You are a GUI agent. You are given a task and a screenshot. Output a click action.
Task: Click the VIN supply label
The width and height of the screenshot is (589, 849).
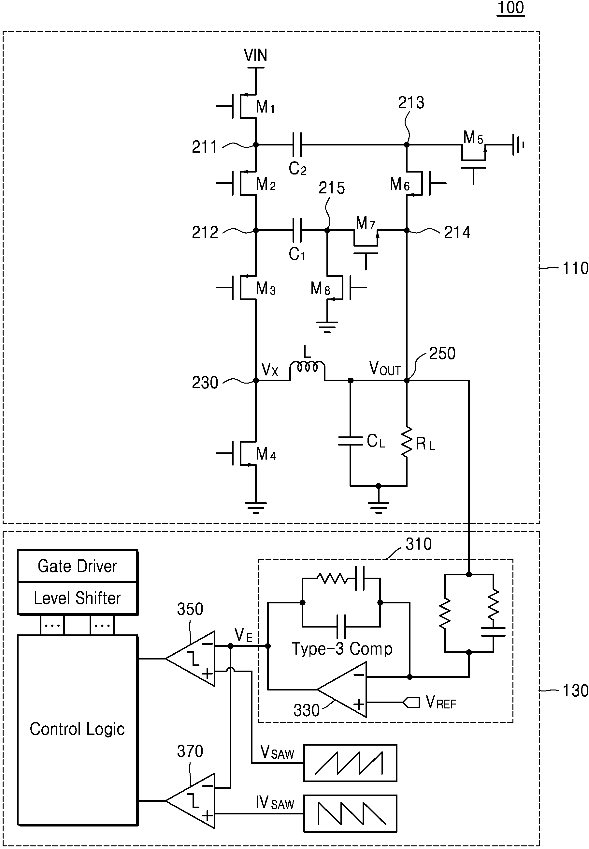[x=255, y=55]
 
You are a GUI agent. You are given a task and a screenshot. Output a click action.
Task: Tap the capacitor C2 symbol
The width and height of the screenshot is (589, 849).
[x=297, y=145]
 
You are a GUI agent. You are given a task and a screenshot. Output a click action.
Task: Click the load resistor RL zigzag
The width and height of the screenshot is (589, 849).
[x=407, y=442]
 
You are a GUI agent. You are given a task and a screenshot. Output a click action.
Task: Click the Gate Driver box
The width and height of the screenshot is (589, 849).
[x=78, y=566]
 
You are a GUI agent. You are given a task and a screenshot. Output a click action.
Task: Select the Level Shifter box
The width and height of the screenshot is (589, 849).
[x=78, y=598]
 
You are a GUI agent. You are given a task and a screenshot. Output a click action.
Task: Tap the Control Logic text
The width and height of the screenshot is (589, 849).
[x=77, y=729]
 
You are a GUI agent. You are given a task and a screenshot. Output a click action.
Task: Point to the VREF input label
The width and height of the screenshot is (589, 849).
[x=441, y=702]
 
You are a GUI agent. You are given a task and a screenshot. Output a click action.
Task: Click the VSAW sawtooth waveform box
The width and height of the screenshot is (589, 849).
[x=350, y=763]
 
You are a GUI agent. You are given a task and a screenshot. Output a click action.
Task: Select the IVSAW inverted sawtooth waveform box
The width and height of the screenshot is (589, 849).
[x=350, y=813]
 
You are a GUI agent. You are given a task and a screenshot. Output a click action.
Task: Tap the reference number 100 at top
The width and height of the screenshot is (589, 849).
[x=511, y=8]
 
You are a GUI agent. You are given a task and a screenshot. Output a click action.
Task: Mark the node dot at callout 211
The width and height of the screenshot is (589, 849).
[x=256, y=145]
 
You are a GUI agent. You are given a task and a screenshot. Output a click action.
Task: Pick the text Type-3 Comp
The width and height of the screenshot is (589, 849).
[x=342, y=649]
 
